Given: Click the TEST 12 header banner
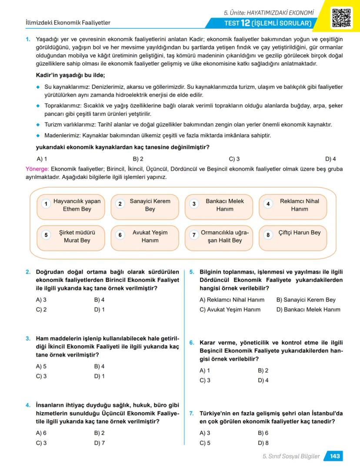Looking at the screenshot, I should pyautogui.click(x=267, y=23).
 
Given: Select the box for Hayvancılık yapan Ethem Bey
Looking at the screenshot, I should pyautogui.click(x=71, y=205).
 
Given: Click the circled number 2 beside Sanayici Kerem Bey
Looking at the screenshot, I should pyautogui.click(x=120, y=204).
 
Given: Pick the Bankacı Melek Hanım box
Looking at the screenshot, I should pyautogui.click(x=219, y=205).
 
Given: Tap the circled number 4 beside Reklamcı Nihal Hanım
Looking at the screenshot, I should pyautogui.click(x=268, y=204).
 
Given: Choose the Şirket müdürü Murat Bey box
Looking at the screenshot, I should pyautogui.click(x=71, y=237).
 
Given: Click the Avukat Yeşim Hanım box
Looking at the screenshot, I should pyautogui.click(x=145, y=237).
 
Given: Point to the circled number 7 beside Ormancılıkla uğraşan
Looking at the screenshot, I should pyautogui.click(x=194, y=235).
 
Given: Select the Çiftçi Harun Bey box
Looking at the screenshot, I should pyautogui.click(x=293, y=237).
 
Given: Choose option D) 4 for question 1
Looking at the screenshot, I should pyautogui.click(x=330, y=159).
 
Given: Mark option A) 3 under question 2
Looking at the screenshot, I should pyautogui.click(x=41, y=300).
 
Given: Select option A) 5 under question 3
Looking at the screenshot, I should pyautogui.click(x=41, y=366).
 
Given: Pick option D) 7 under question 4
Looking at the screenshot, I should pyautogui.click(x=100, y=443).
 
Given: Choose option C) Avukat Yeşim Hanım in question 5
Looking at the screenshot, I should pyautogui.click(x=230, y=310).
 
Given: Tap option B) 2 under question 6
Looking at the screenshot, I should pyautogui.click(x=263, y=371).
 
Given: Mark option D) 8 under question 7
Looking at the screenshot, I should pyautogui.click(x=263, y=443).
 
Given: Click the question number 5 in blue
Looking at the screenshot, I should pyautogui.click(x=192, y=272).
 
